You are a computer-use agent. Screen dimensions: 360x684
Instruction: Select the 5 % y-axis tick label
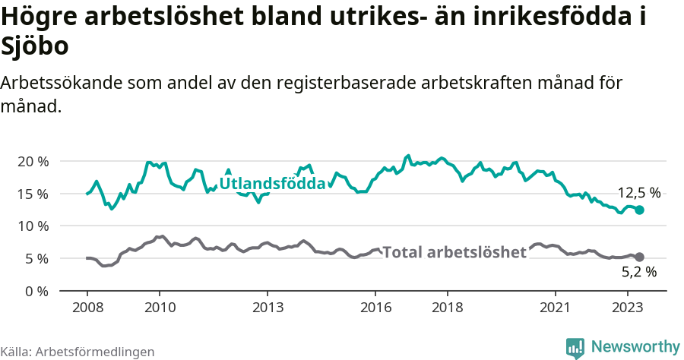pyautogui.click(x=37, y=258)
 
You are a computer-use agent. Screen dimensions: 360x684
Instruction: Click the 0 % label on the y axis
pyautogui.click(x=37, y=291)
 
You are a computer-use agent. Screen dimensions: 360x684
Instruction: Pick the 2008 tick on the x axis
pyautogui.click(x=87, y=308)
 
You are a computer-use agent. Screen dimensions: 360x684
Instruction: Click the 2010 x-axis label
pyautogui.click(x=159, y=308)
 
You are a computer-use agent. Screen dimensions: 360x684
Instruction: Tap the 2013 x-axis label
pyautogui.click(x=267, y=308)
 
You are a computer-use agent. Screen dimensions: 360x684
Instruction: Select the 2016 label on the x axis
pyautogui.click(x=375, y=308)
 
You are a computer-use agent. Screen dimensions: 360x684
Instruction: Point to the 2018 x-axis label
pyautogui.click(x=448, y=308)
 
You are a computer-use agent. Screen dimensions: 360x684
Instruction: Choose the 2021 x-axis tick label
pyautogui.click(x=556, y=308)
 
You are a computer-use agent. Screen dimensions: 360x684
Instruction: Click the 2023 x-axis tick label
pyautogui.click(x=628, y=308)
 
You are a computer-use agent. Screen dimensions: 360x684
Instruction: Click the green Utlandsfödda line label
pyautogui.click(x=272, y=184)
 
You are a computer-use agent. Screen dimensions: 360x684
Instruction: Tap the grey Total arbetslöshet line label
pyautogui.click(x=454, y=252)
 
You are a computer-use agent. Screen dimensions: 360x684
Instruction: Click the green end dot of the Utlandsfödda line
pyautogui.click(x=640, y=210)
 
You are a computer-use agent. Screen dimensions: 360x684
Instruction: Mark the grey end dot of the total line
pyautogui.click(x=640, y=257)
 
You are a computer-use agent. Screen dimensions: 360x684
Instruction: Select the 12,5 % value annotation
pyautogui.click(x=638, y=193)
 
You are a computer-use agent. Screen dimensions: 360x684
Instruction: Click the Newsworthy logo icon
pyautogui.click(x=575, y=347)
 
